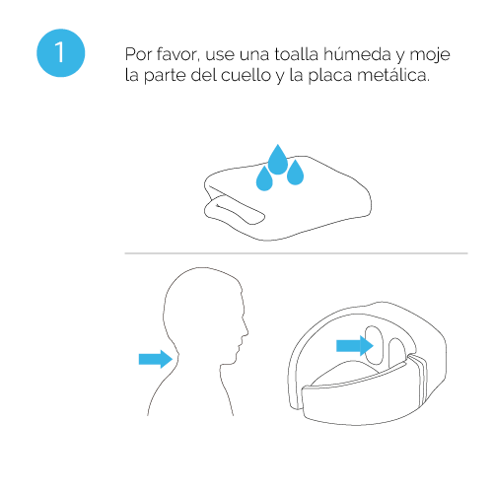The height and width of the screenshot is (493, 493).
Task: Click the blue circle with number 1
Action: pyautogui.click(x=61, y=53)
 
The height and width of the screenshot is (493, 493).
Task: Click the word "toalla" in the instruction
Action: pyautogui.click(x=297, y=54)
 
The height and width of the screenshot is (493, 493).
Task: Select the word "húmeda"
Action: pyautogui.click(x=357, y=54)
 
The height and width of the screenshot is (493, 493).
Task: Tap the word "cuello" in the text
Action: pyautogui.click(x=246, y=75)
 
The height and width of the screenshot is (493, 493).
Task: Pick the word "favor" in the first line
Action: pyautogui.click(x=177, y=54)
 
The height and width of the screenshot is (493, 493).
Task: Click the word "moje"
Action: pyautogui.click(x=430, y=55)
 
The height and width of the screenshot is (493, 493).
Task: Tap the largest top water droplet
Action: pyautogui.click(x=278, y=160)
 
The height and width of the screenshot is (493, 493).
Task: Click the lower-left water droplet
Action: pyautogui.click(x=264, y=179)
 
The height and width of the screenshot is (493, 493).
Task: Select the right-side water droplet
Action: pyautogui.click(x=295, y=173)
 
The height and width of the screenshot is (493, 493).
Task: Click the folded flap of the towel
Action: pyautogui.click(x=234, y=211)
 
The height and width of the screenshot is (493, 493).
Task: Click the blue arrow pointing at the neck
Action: pyautogui.click(x=156, y=359)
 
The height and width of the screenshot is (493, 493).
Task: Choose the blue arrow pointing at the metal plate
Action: pyautogui.click(x=355, y=346)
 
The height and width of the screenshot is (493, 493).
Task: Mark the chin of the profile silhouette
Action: pyautogui.click(x=238, y=355)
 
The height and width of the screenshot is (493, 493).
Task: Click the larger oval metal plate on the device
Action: pyautogui.click(x=374, y=345)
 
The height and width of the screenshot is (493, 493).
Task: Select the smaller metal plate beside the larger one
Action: pyautogui.click(x=397, y=353)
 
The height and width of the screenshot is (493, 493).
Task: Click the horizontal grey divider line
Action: pyautogui.click(x=296, y=253)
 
